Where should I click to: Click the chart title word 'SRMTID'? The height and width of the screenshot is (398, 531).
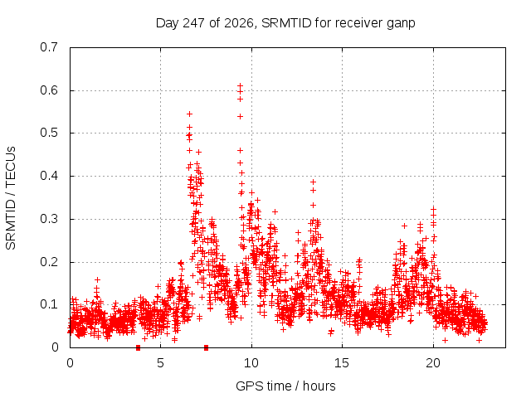point(286,23)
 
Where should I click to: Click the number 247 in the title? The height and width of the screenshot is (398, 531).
point(193,23)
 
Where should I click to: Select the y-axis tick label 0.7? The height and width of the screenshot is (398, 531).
point(49,47)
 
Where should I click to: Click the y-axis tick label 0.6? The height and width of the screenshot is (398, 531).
point(49,90)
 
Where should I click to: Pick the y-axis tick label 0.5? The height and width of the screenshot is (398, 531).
point(49,133)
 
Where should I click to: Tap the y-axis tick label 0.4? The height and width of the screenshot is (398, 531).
point(49,176)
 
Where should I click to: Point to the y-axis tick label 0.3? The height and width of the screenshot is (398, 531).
point(49,219)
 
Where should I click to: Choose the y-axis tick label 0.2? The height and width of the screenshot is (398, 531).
point(49,262)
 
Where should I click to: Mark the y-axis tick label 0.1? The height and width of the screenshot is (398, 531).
point(49,304)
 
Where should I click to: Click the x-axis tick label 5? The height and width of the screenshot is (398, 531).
point(160,363)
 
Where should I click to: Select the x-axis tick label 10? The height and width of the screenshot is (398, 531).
point(251,363)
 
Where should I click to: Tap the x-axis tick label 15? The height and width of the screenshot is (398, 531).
point(342,363)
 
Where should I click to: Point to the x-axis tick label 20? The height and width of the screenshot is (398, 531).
point(433,363)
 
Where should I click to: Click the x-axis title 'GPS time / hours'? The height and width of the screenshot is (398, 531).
point(285,386)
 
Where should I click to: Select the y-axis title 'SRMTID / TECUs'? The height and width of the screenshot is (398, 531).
point(11,198)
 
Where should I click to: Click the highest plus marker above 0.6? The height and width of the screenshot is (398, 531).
point(240,85)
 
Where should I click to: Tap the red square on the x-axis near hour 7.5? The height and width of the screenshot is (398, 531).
point(206,347)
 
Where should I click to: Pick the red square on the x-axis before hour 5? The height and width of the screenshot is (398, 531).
point(138,347)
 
